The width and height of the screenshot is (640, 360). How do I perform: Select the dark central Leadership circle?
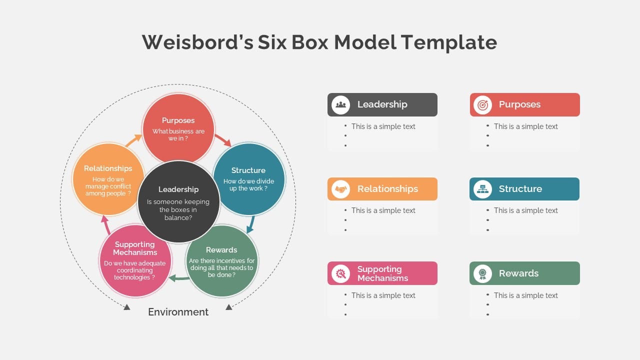(x=178, y=202)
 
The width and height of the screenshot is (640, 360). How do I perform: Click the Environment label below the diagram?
(x=178, y=312)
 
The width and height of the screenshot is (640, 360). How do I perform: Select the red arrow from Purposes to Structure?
(x=223, y=140)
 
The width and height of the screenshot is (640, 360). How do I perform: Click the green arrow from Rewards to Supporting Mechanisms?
(x=178, y=278)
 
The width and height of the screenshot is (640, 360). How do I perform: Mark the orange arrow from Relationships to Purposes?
(x=133, y=140)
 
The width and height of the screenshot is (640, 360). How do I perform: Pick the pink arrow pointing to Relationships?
(x=105, y=225)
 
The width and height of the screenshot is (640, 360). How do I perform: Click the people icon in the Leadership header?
(x=341, y=104)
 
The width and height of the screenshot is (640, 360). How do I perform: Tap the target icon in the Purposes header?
(x=482, y=104)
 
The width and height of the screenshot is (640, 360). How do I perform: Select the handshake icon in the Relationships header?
(x=341, y=189)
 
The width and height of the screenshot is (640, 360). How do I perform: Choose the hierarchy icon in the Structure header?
(x=482, y=189)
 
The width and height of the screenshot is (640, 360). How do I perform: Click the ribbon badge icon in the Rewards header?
(x=482, y=273)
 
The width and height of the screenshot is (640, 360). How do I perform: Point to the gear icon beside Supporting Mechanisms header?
(x=341, y=273)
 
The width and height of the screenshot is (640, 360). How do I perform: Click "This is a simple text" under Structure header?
(x=525, y=210)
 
